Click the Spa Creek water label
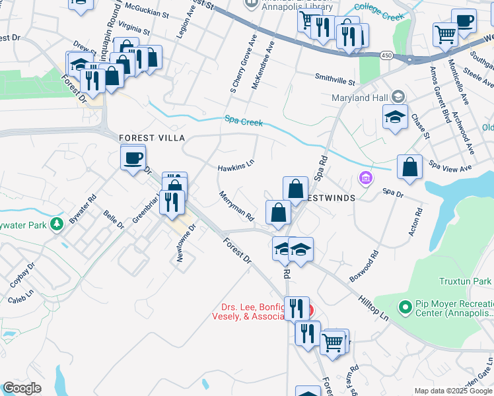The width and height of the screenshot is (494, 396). click(244, 121)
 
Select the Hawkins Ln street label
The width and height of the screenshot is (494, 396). click(236, 166)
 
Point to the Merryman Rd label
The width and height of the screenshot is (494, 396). click(236, 205)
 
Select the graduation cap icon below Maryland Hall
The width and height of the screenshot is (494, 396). click(396, 117)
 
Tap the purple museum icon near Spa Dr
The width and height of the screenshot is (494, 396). click(365, 178)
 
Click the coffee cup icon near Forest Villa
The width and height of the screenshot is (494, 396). click(133, 158)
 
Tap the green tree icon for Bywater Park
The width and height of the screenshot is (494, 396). click(58, 224)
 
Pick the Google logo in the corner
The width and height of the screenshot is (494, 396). click(22, 387)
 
